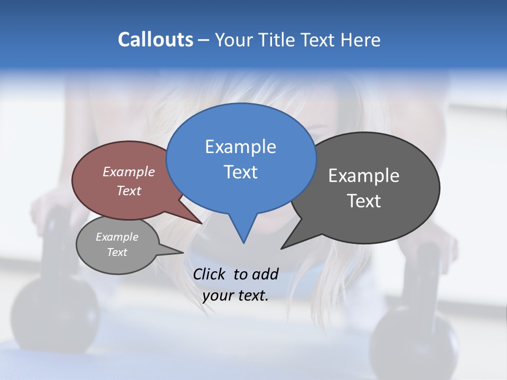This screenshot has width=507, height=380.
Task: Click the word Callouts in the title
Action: pos(155,40)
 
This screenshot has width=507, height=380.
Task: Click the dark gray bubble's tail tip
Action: pos(281,248)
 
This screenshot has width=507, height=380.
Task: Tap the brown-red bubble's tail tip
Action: pos(202,223)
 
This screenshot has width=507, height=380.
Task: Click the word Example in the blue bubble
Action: pos(240,147)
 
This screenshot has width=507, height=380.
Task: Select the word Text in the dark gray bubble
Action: pos(364,201)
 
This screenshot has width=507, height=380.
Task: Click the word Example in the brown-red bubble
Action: pos(129,172)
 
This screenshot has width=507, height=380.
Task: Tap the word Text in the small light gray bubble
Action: pos(117,252)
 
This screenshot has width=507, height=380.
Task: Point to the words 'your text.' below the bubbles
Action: pos(236,296)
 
